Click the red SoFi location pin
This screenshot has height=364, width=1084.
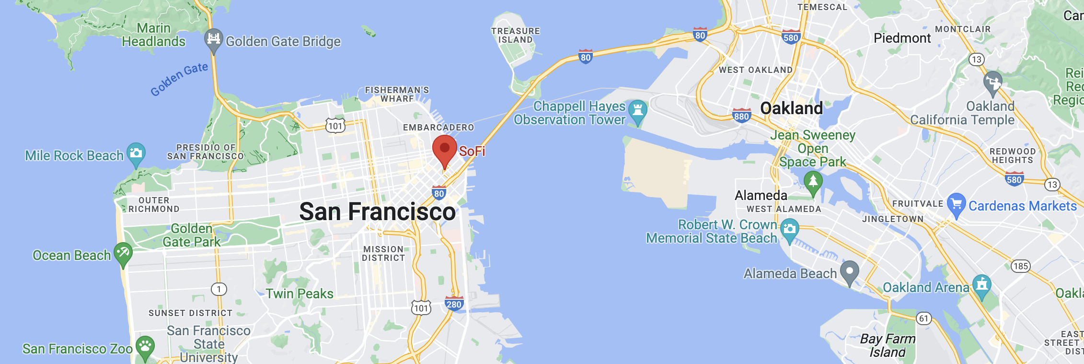[x=444, y=149]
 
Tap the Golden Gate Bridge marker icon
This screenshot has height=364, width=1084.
[x=214, y=39]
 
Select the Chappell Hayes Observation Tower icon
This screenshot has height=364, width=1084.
[x=637, y=110]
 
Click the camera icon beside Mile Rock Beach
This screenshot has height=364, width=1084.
[x=136, y=153]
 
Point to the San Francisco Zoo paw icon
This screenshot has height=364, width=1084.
[x=145, y=346]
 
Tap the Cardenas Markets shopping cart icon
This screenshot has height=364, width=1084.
[x=956, y=204]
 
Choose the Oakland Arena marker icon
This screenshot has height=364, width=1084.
[x=981, y=285]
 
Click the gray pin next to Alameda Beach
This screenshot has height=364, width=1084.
[x=850, y=271]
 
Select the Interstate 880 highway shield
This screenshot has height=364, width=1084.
[x=741, y=116]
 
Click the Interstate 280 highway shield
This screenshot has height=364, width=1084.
[x=453, y=304]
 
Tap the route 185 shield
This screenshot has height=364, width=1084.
[x=1021, y=266]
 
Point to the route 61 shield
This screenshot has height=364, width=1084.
[x=923, y=318]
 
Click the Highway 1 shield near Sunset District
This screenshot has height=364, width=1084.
[x=219, y=289]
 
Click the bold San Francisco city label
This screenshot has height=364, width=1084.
[x=377, y=211]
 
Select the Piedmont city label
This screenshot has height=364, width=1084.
[x=902, y=38]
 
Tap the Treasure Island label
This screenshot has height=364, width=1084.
[x=515, y=35]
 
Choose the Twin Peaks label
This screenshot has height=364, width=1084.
[x=300, y=294]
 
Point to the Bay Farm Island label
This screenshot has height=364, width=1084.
[x=888, y=345]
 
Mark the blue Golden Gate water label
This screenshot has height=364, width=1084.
[x=179, y=79]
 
